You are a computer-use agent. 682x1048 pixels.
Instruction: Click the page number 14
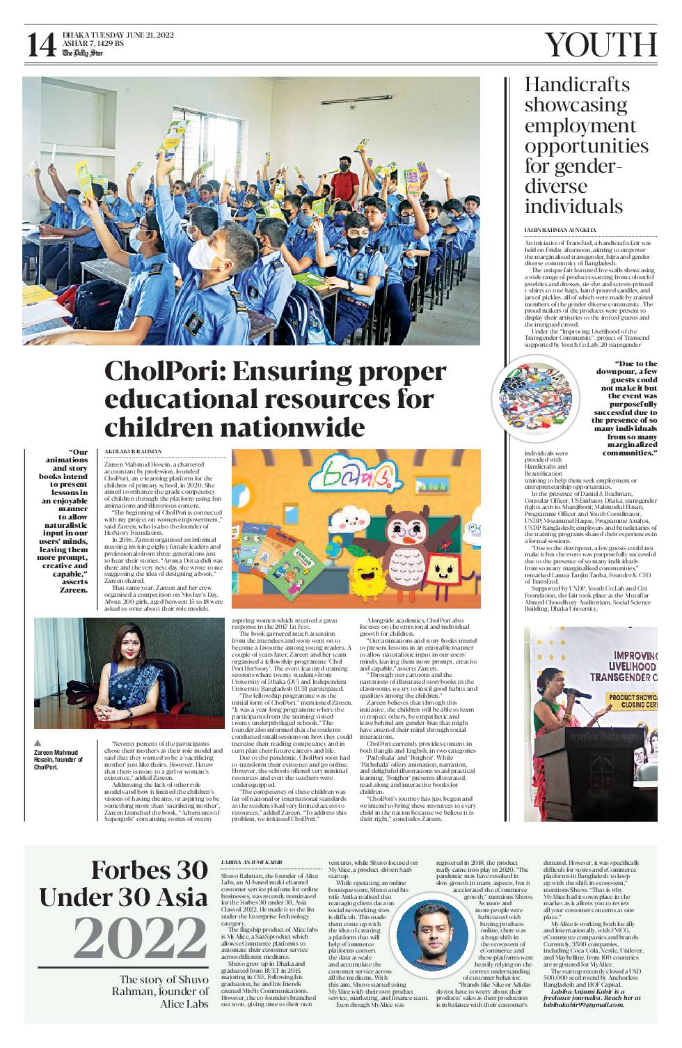pyautogui.click(x=41, y=45)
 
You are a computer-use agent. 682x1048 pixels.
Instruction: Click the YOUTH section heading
pyautogui.click(x=600, y=45)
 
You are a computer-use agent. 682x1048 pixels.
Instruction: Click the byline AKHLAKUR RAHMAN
pyautogui.click(x=134, y=452)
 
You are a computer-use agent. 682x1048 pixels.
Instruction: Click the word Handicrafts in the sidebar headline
pyautogui.click(x=576, y=85)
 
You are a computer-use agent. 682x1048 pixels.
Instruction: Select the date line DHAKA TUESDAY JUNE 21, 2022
pyautogui.click(x=118, y=35)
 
